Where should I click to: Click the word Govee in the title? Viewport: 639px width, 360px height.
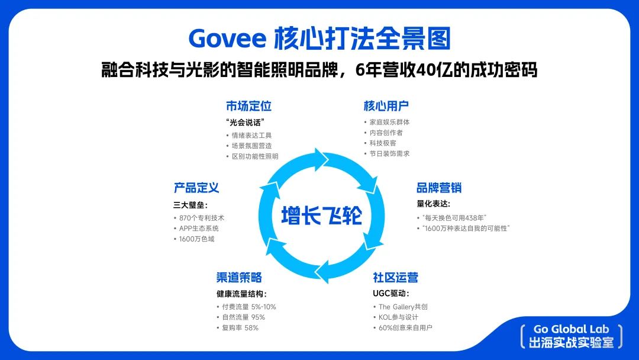pos(227,38)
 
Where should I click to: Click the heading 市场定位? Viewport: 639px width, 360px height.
pos(248,106)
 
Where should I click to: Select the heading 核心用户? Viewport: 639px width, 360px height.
pos(386,106)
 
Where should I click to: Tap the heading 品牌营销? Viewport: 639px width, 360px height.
pos(439,188)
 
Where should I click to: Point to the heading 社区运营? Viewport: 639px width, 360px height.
pos(395,277)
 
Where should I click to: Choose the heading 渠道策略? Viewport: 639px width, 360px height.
pos(239,277)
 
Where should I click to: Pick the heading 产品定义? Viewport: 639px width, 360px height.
pos(196,188)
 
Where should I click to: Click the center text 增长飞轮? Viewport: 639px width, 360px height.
pos(321,216)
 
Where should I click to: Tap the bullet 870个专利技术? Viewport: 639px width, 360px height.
pos(201,218)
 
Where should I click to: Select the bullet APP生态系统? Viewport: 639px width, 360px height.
pos(199,229)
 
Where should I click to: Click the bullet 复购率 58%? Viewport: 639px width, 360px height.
pos(240,328)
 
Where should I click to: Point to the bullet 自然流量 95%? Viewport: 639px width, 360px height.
pos(243,317)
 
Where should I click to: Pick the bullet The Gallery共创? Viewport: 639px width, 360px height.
pos(403,307)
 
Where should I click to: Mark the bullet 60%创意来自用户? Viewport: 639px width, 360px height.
pos(405,328)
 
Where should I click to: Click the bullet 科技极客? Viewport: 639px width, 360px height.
pos(383,143)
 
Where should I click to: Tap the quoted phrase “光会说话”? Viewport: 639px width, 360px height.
pos(246,123)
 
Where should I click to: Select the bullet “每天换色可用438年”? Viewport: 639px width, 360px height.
pos(454,218)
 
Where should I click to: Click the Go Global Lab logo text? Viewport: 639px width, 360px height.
pos(572,329)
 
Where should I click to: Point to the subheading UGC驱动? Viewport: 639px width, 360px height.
pos(391,294)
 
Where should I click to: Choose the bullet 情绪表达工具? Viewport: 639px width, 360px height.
pos(251,136)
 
